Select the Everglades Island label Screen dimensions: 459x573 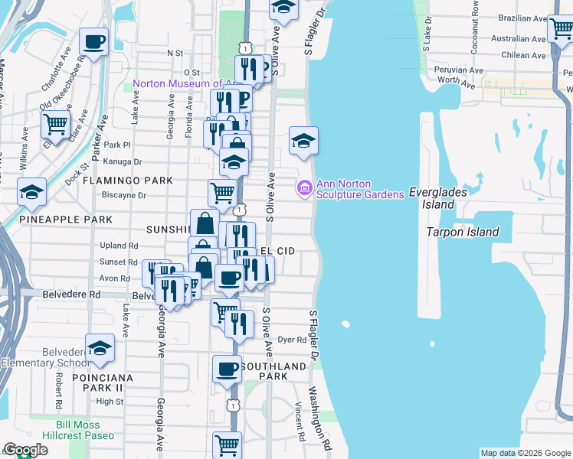[437, 198]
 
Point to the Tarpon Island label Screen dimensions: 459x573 [463, 232]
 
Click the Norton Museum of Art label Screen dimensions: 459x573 [185, 83]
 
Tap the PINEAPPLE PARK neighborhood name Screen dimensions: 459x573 [66, 220]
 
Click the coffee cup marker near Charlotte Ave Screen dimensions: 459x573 [94, 42]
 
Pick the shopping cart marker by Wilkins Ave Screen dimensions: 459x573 [55, 122]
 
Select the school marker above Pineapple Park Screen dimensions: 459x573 [31, 191]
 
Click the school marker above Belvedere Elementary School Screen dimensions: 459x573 [100, 348]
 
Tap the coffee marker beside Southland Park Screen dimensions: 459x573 [227, 369]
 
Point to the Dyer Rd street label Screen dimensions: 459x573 [292, 340]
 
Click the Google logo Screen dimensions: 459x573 [25, 451]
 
